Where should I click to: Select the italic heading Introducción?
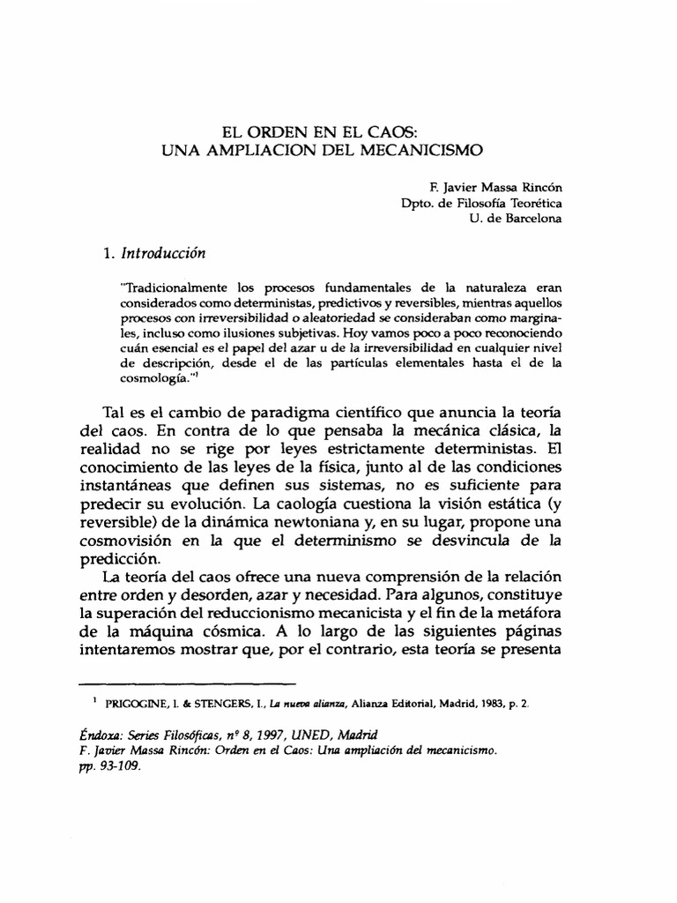(x=162, y=253)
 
